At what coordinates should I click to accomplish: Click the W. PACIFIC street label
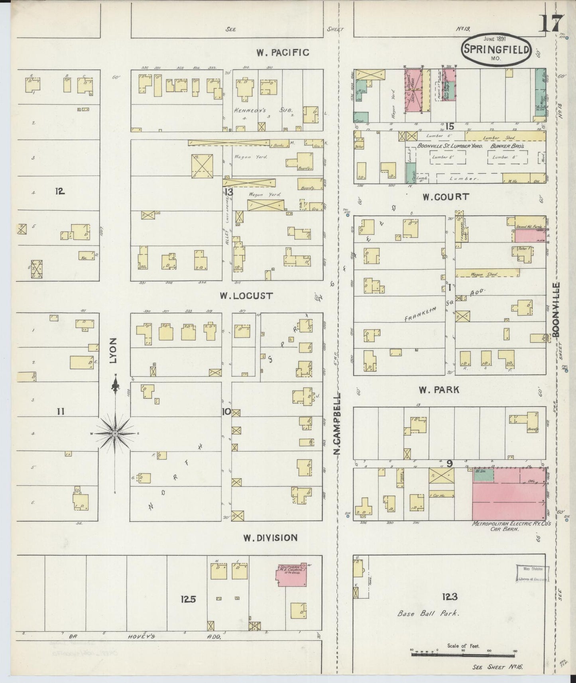pyautogui.click(x=282, y=53)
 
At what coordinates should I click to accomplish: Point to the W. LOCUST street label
pyautogui.click(x=246, y=296)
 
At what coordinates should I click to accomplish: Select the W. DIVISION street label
pyautogui.click(x=271, y=538)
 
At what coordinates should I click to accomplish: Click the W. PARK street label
pyautogui.click(x=438, y=390)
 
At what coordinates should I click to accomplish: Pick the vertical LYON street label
pyautogui.click(x=114, y=351)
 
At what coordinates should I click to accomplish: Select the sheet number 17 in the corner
pyautogui.click(x=551, y=24)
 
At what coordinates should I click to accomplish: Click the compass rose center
pyautogui.click(x=115, y=434)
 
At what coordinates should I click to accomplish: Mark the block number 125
pyautogui.click(x=188, y=599)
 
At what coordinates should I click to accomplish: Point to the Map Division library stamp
pyautogui.click(x=532, y=573)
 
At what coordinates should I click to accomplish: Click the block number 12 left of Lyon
pyautogui.click(x=60, y=191)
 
